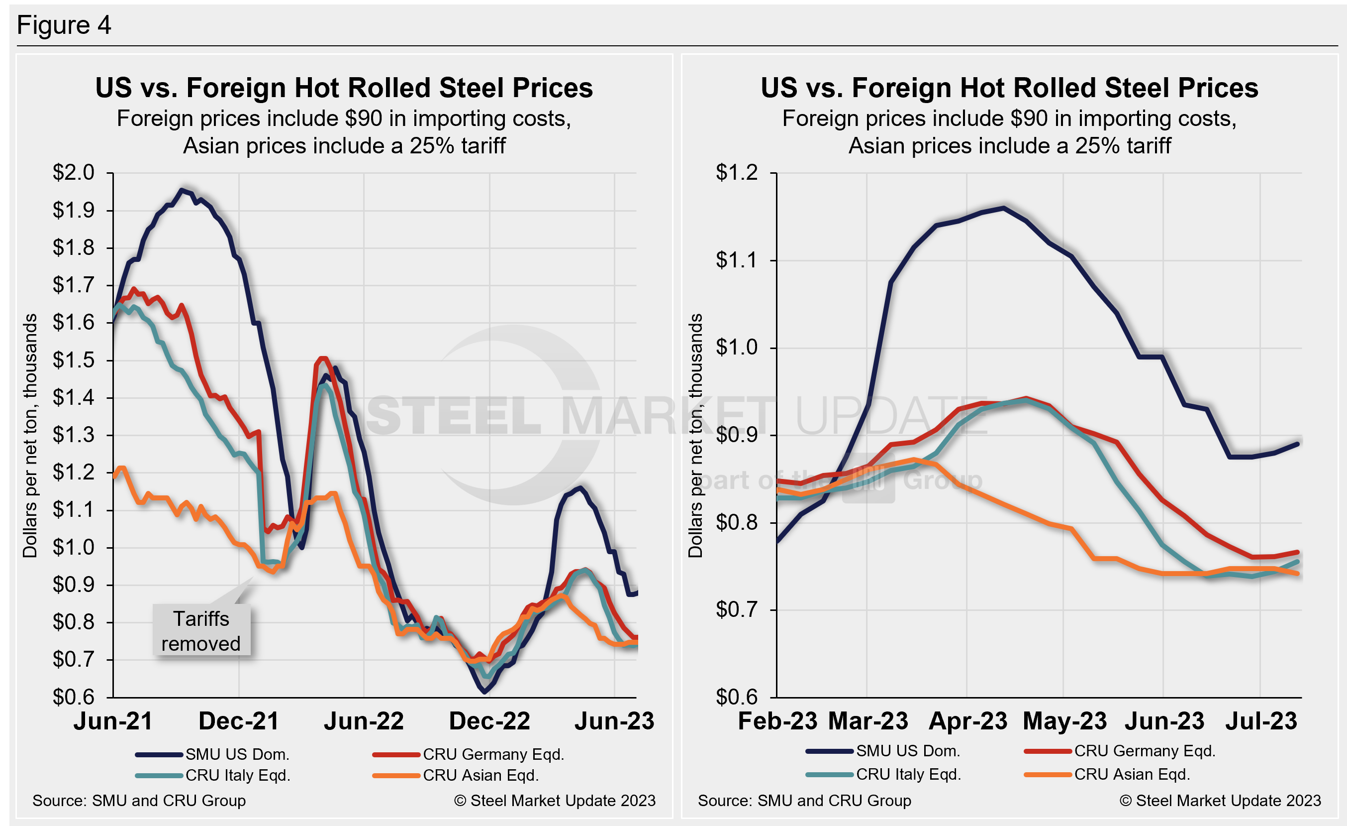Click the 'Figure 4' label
coord(64,25)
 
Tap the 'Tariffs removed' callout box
coord(200,631)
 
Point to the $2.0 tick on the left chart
coord(73,173)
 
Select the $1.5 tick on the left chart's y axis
coord(73,360)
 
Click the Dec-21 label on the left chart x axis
coord(238,721)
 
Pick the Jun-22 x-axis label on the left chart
coord(364,721)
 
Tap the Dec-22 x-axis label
coord(489,721)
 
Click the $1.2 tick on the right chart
coord(737,173)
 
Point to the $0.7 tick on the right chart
coord(737,609)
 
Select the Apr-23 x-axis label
coord(967,721)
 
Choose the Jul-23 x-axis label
coord(1260,721)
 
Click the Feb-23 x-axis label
coord(777,721)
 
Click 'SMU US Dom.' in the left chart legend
coord(237,754)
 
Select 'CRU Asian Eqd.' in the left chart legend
coord(481,775)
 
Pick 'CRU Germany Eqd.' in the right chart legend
coord(1145,751)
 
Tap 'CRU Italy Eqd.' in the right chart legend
coord(908,775)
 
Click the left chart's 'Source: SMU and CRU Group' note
coord(139,801)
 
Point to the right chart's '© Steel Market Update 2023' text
coord(1220,801)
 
